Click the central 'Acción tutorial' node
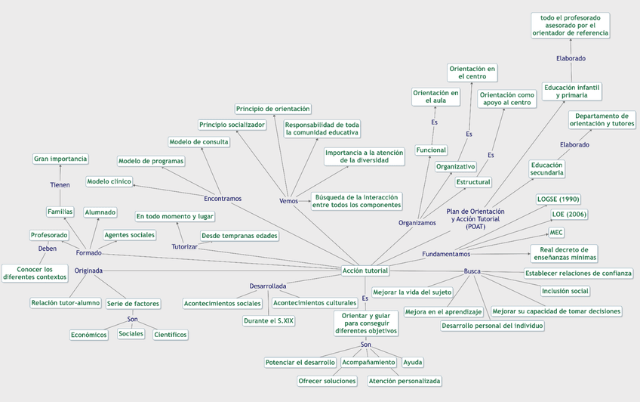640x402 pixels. click(365, 271)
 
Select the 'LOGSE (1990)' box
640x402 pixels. click(558, 199)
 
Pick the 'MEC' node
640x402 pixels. click(556, 232)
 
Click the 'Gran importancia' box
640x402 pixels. click(60, 159)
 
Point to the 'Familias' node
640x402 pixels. click(60, 212)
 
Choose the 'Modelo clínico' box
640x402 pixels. click(109, 181)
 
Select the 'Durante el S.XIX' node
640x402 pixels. click(268, 321)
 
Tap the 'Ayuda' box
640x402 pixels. click(413, 362)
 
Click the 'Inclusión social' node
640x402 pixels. click(565, 291)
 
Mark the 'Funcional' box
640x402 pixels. click(431, 150)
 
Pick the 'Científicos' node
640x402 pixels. click(170, 334)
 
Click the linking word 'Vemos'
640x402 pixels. click(288, 200)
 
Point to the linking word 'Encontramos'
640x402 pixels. click(223, 199)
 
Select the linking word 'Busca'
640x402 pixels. click(472, 271)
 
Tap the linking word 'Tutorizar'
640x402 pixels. click(184, 246)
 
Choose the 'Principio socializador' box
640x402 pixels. click(232, 125)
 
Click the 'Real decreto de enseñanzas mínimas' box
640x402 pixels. click(563, 253)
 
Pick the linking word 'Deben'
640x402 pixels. click(48, 249)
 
